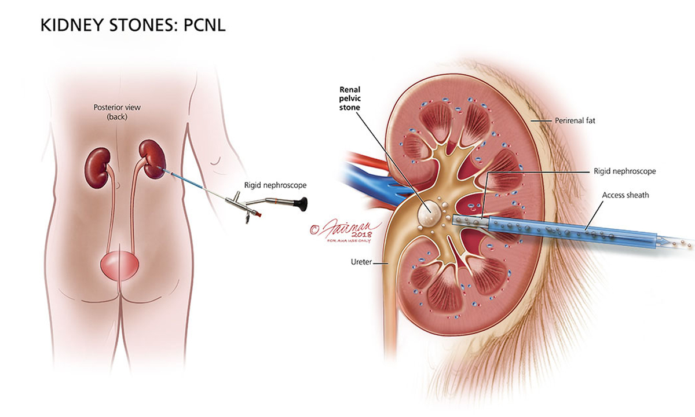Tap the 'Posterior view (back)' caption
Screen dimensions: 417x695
point(112,112)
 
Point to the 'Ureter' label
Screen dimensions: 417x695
point(360,262)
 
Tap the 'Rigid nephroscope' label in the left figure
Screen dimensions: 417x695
point(276,185)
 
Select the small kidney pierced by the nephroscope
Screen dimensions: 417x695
point(149,158)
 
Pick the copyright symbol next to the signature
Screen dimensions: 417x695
point(315,229)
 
